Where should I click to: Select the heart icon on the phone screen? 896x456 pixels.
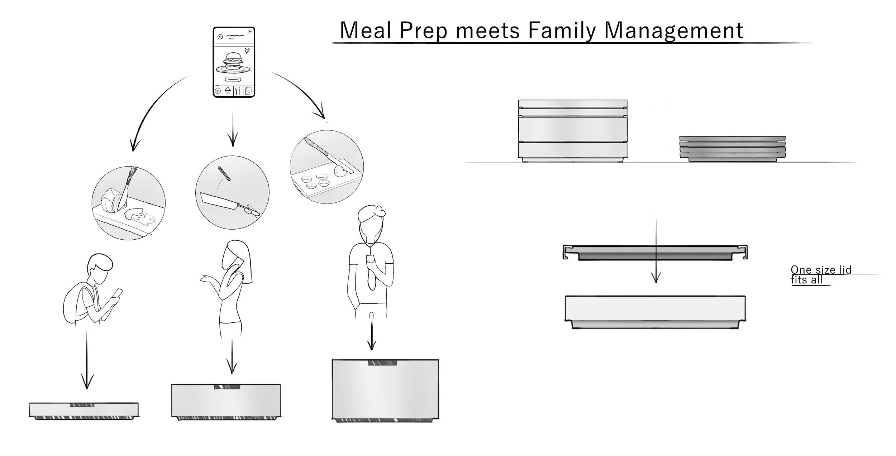click(247, 51)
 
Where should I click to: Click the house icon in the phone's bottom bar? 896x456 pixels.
click(228, 91)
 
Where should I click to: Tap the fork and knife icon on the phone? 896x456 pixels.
click(238, 91)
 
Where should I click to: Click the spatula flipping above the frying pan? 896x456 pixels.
click(224, 173)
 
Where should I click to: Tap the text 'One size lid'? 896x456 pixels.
click(821, 270)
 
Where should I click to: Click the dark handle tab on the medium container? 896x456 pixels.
click(227, 387)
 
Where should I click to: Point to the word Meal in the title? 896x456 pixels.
click(365, 30)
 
